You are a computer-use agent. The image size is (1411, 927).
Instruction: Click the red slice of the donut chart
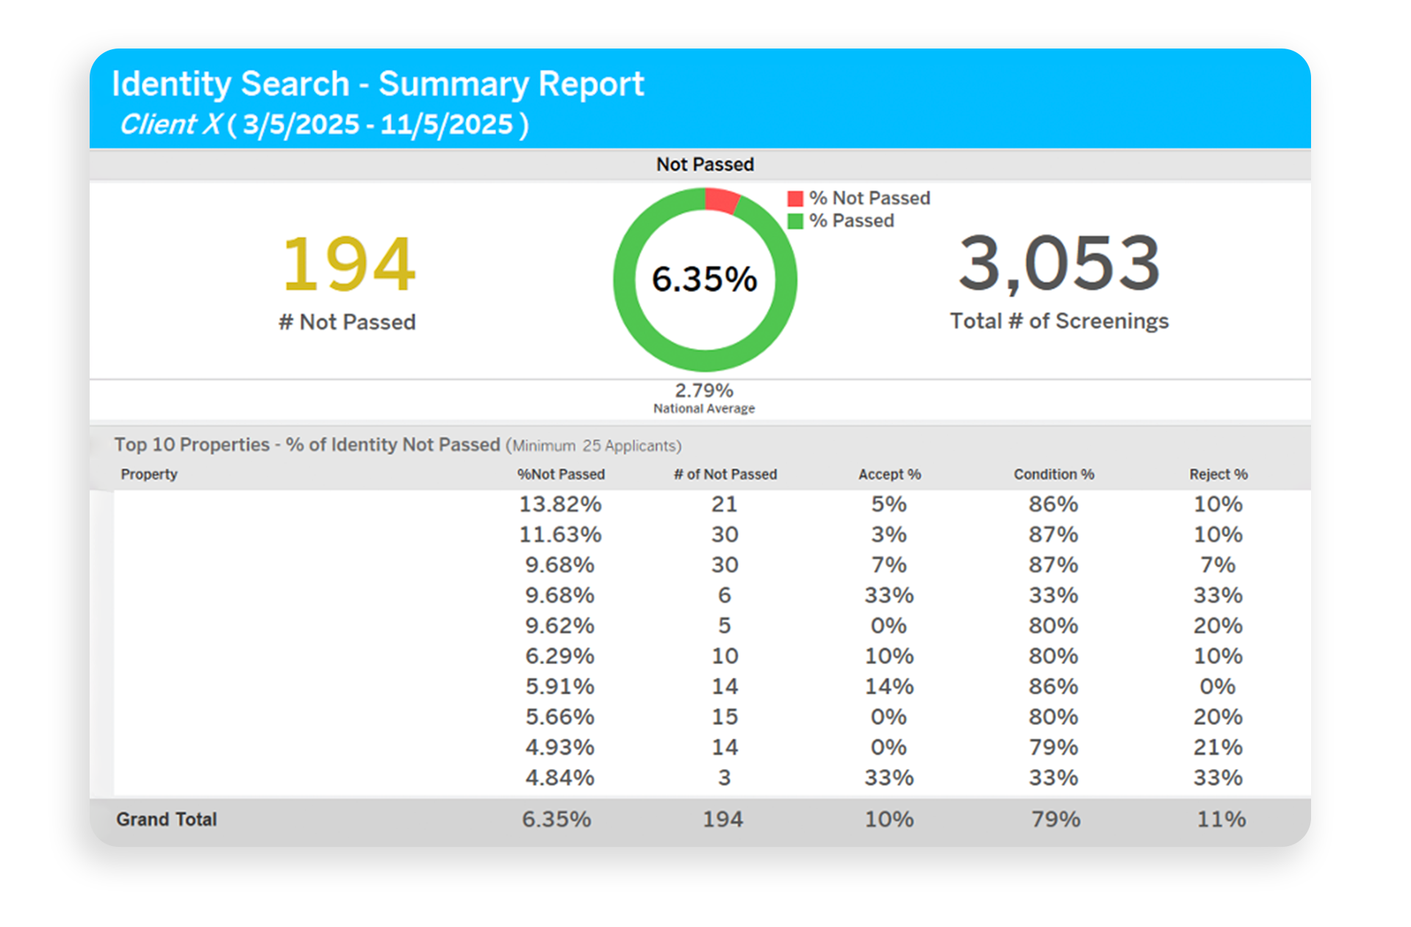tap(721, 200)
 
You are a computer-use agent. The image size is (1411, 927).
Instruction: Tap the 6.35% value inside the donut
tap(704, 279)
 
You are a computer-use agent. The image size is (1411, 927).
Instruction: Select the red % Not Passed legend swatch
tap(794, 198)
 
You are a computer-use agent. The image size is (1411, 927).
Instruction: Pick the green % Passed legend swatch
tap(794, 221)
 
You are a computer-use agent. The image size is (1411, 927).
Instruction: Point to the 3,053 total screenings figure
tap(1059, 262)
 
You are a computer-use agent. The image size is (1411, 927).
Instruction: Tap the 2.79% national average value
tap(704, 390)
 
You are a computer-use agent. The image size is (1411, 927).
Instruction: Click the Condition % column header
tap(1054, 474)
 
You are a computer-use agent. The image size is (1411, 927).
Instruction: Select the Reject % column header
tap(1218, 474)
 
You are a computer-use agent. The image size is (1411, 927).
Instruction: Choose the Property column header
tap(149, 474)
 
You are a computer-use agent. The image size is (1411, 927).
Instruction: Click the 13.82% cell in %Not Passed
tap(560, 504)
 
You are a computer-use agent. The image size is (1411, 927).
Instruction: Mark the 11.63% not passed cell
tap(560, 534)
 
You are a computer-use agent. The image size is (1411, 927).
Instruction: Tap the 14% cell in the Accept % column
tap(889, 687)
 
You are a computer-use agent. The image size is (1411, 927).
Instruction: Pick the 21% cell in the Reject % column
tap(1218, 748)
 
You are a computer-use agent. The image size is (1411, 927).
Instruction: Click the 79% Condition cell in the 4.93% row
tap(1054, 748)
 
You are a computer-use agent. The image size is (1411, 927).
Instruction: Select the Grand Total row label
tap(167, 819)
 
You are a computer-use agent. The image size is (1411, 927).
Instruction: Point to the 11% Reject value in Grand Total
tap(1221, 819)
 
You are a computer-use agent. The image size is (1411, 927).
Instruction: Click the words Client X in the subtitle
tap(170, 124)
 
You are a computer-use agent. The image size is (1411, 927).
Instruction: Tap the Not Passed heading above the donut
tap(705, 164)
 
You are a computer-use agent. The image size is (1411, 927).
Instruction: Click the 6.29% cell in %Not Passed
tap(560, 656)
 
